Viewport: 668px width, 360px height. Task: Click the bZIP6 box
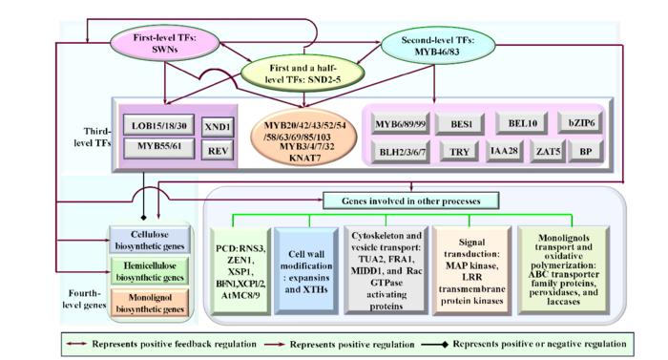tap(580, 124)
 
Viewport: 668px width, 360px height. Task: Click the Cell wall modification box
tap(305, 270)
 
